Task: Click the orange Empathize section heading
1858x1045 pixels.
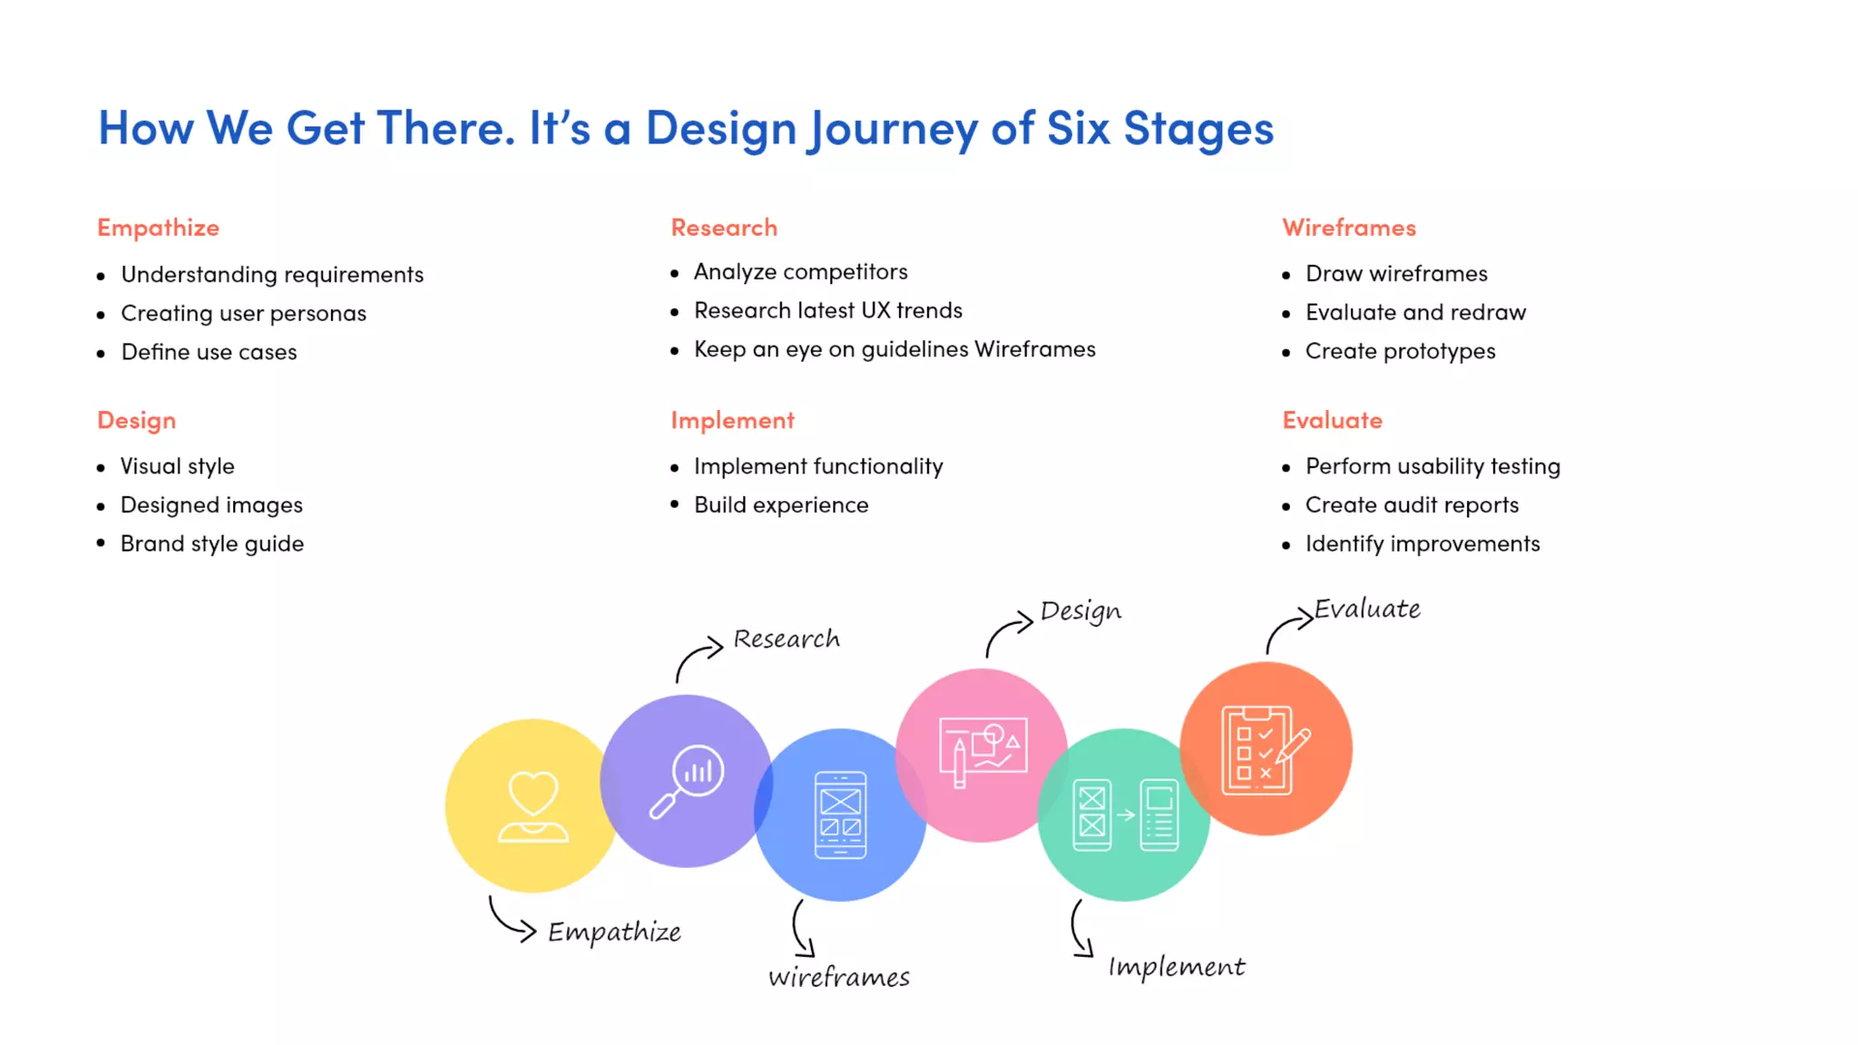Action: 158,228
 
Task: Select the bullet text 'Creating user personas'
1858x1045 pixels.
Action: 243,314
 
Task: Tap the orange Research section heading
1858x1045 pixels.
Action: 724,228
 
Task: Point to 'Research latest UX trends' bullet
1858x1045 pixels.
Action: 827,311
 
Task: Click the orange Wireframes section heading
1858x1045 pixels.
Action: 1348,228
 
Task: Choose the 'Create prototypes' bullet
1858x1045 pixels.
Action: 1400,352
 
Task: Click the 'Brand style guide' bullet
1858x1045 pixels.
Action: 211,544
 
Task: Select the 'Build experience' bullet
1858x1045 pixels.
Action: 780,505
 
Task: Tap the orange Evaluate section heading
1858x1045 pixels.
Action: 1332,420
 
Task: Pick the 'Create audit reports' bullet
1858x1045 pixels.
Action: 1411,505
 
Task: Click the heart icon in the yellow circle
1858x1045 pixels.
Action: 533,806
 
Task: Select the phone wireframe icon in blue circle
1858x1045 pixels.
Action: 840,815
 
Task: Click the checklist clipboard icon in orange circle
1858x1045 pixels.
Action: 1265,750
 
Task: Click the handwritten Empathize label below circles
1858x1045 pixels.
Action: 614,933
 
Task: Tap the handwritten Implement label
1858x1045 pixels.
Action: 1176,967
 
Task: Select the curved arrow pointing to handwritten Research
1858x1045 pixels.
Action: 697,659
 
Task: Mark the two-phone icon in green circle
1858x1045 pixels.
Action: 1125,815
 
